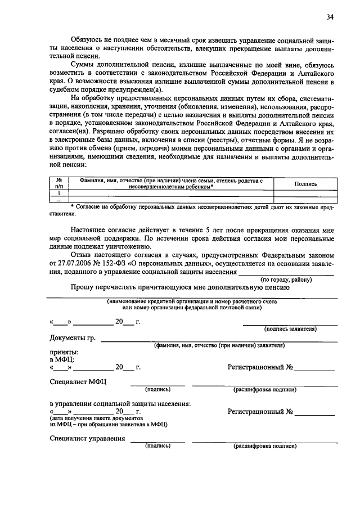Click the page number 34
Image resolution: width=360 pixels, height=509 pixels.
coord(330,17)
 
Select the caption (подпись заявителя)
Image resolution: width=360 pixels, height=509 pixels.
coord(290,328)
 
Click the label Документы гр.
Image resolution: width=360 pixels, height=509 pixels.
coord(73,338)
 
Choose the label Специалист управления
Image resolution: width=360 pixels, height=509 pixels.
coord(87,439)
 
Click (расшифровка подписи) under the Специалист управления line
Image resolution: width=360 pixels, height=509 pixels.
coord(265,446)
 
